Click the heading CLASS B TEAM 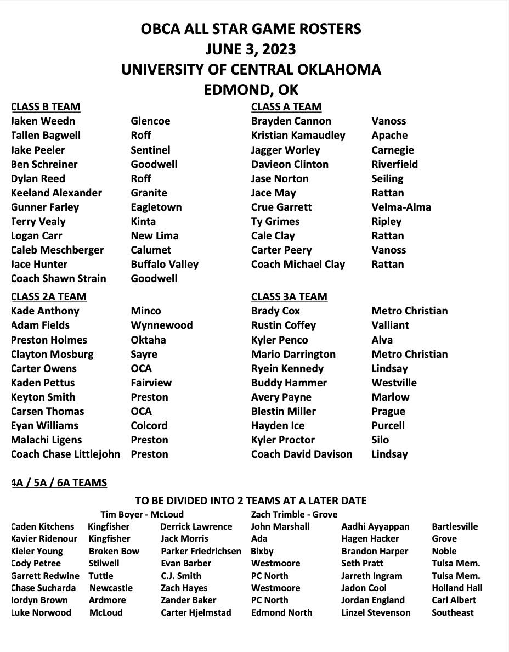pyautogui.click(x=46, y=107)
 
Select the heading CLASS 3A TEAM pyautogui.click(x=289, y=297)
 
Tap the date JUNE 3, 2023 pyautogui.click(x=251, y=49)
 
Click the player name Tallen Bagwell pyautogui.click(x=46, y=136)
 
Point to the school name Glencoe pyautogui.click(x=150, y=121)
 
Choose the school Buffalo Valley pyautogui.click(x=165, y=264)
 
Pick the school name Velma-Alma pyautogui.click(x=401, y=207)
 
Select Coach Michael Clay pyautogui.click(x=298, y=264)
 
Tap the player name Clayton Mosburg pyautogui.click(x=53, y=354)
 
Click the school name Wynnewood pyautogui.click(x=162, y=325)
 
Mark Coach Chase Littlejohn pyautogui.click(x=66, y=454)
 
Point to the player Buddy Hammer pyautogui.click(x=289, y=383)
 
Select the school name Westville pyautogui.click(x=394, y=383)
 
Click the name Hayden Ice pyautogui.click(x=278, y=425)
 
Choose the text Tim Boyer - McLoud pyautogui.click(x=142, y=514)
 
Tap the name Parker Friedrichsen pyautogui.click(x=201, y=551)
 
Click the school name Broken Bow pyautogui.click(x=114, y=551)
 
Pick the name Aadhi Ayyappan pyautogui.click(x=375, y=526)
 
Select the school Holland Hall pyautogui.click(x=457, y=588)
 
